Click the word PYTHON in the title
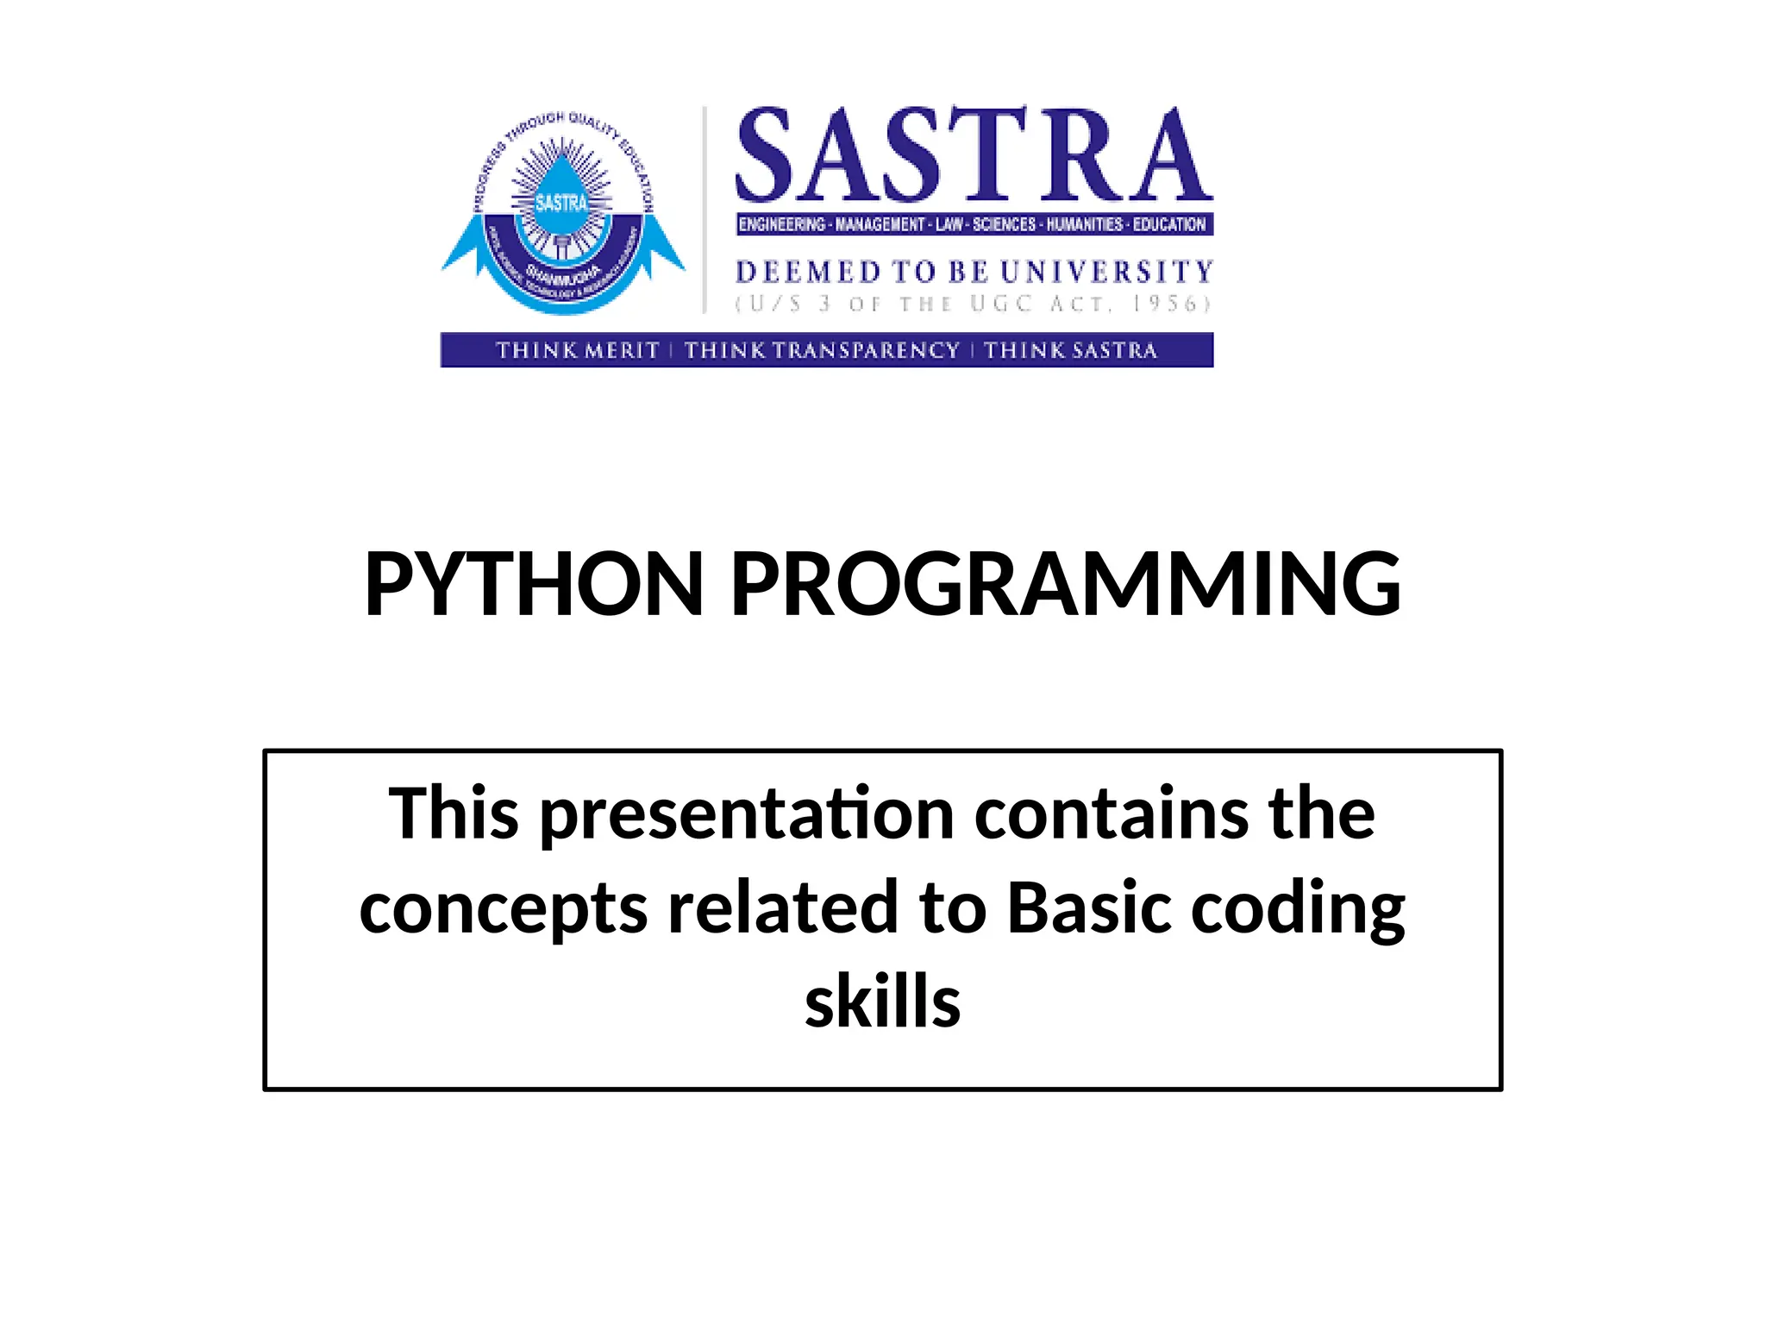point(534,585)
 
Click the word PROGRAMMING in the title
point(1066,585)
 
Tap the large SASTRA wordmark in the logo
point(974,155)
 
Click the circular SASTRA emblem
point(562,211)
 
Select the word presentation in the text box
point(747,815)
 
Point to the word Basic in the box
point(1089,908)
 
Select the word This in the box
point(454,813)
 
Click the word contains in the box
point(1111,813)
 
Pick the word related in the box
point(783,908)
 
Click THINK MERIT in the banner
point(577,350)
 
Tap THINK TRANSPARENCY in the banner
point(822,350)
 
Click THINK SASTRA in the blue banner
point(1070,350)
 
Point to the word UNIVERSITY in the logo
point(1106,272)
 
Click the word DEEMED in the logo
point(808,272)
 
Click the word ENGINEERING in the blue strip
point(781,224)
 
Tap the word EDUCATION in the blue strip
point(1168,224)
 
